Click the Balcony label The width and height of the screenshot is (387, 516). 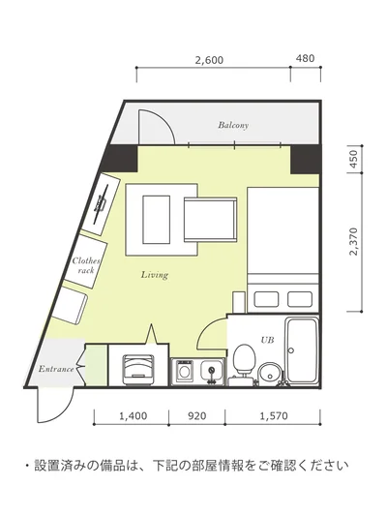(x=233, y=125)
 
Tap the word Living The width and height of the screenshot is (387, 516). (x=155, y=274)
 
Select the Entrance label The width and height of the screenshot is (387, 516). (x=56, y=369)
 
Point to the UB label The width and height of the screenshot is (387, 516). (x=267, y=340)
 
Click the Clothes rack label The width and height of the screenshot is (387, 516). (x=86, y=265)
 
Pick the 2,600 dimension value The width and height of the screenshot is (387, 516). (x=209, y=61)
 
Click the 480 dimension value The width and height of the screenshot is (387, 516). (x=305, y=59)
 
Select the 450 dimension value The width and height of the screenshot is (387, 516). (x=353, y=159)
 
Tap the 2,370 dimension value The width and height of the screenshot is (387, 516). (x=353, y=241)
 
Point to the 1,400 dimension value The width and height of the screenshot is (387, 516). (x=133, y=416)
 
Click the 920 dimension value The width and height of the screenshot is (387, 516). (x=197, y=416)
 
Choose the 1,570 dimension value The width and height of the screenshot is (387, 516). (x=274, y=416)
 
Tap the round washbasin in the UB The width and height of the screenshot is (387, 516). (x=270, y=373)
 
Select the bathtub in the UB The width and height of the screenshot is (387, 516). (x=302, y=349)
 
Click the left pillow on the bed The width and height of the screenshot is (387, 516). (x=266, y=299)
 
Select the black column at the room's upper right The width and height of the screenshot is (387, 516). (x=305, y=160)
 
